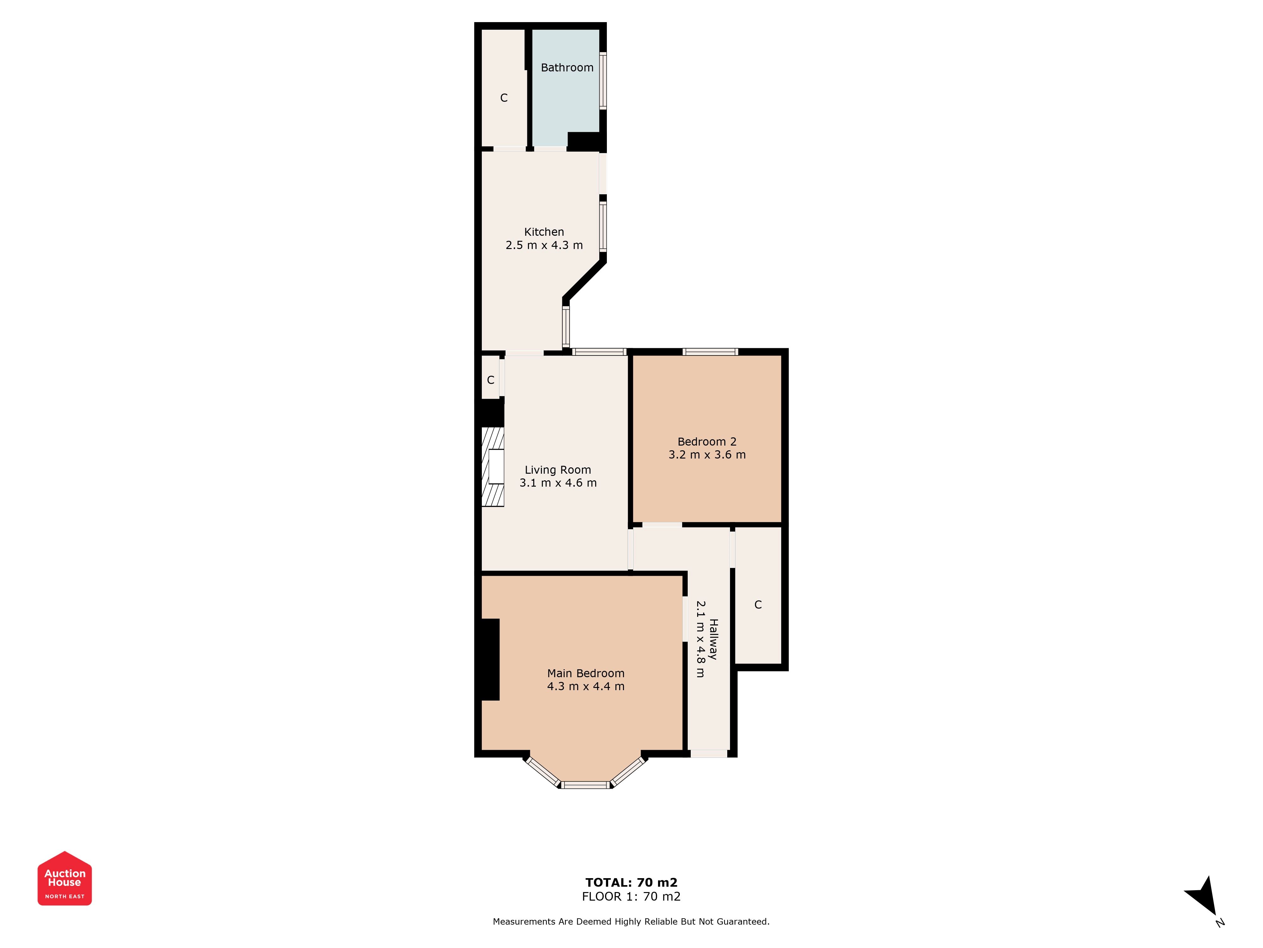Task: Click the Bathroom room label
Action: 567,67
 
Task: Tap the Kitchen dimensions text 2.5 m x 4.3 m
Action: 544,245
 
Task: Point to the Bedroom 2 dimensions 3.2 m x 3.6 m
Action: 707,455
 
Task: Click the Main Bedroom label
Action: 586,673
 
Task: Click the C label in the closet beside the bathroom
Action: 504,98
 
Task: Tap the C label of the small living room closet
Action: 490,380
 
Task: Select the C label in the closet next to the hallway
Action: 758,605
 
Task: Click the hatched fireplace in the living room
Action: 493,467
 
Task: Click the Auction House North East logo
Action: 64,878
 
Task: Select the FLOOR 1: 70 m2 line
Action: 631,896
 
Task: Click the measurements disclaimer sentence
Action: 631,921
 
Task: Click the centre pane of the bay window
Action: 586,785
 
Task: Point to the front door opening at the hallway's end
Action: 709,754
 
